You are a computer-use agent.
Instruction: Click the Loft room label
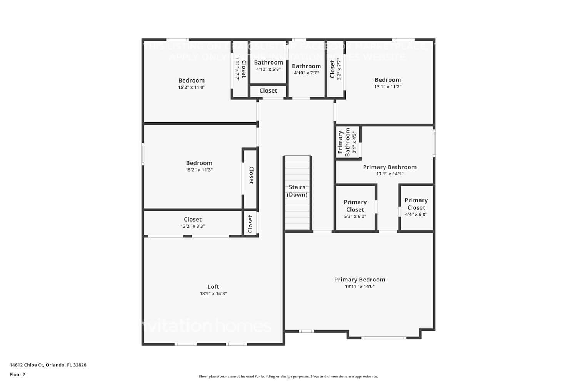point(213,286)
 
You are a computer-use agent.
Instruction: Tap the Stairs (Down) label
point(297,191)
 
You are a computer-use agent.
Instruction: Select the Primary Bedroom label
point(360,280)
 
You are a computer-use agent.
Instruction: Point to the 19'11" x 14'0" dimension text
point(360,286)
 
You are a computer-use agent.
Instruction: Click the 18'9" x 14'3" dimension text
point(213,293)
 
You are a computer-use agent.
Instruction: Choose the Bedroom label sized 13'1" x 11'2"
point(388,80)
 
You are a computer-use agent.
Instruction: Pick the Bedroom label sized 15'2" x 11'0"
point(192,80)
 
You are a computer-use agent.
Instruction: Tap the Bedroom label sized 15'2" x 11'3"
point(199,163)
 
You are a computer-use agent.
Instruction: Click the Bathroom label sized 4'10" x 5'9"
point(268,62)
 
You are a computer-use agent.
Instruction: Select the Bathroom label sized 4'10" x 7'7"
point(306,66)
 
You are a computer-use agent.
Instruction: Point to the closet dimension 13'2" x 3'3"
point(193,226)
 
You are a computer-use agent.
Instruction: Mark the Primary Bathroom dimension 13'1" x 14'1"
point(390,174)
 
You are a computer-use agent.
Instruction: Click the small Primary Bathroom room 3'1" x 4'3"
point(347,142)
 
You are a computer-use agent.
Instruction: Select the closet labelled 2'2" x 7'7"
point(335,69)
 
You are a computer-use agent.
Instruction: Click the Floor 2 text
point(17,374)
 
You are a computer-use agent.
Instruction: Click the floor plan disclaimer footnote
point(288,376)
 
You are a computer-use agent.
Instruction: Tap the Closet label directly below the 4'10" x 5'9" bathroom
point(268,91)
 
